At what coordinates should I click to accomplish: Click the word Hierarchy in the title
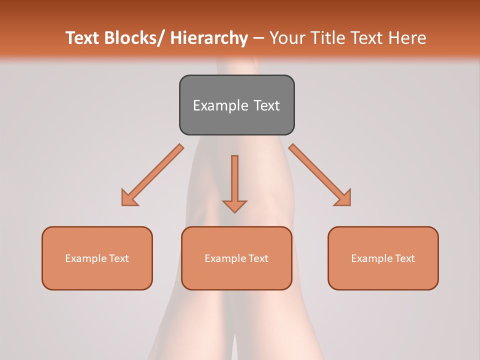point(209,38)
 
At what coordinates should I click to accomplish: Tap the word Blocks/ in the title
point(134,38)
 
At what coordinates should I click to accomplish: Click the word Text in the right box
point(404,258)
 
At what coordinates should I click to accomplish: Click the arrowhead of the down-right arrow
point(343,198)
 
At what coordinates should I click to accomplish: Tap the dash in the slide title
point(258,38)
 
